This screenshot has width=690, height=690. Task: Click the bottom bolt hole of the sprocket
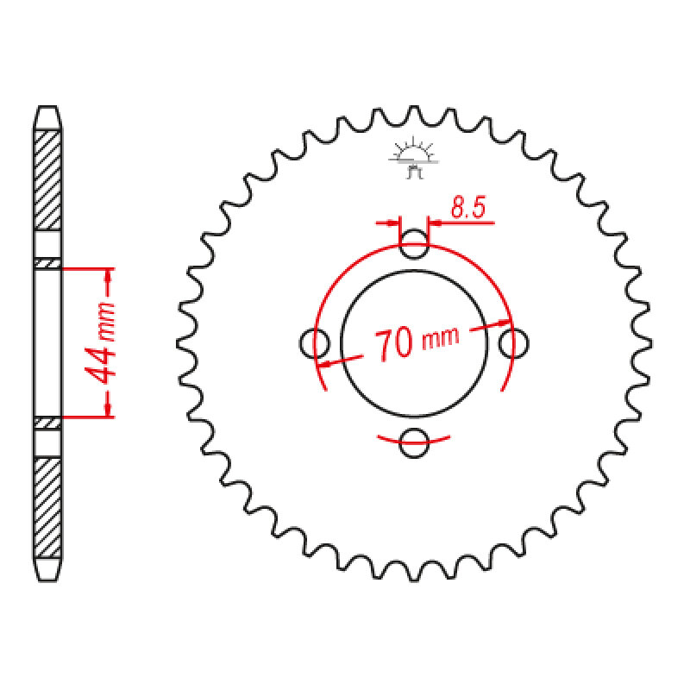pos(415,442)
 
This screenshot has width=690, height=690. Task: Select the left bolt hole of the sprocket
pos(314,342)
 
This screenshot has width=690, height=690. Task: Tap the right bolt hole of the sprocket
pos(514,342)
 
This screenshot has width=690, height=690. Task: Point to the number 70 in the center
pos(392,344)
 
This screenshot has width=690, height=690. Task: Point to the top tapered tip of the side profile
pos(48,114)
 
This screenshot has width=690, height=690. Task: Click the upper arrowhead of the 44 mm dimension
pos(108,277)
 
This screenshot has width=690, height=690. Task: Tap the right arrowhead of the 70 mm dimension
pos(502,325)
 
